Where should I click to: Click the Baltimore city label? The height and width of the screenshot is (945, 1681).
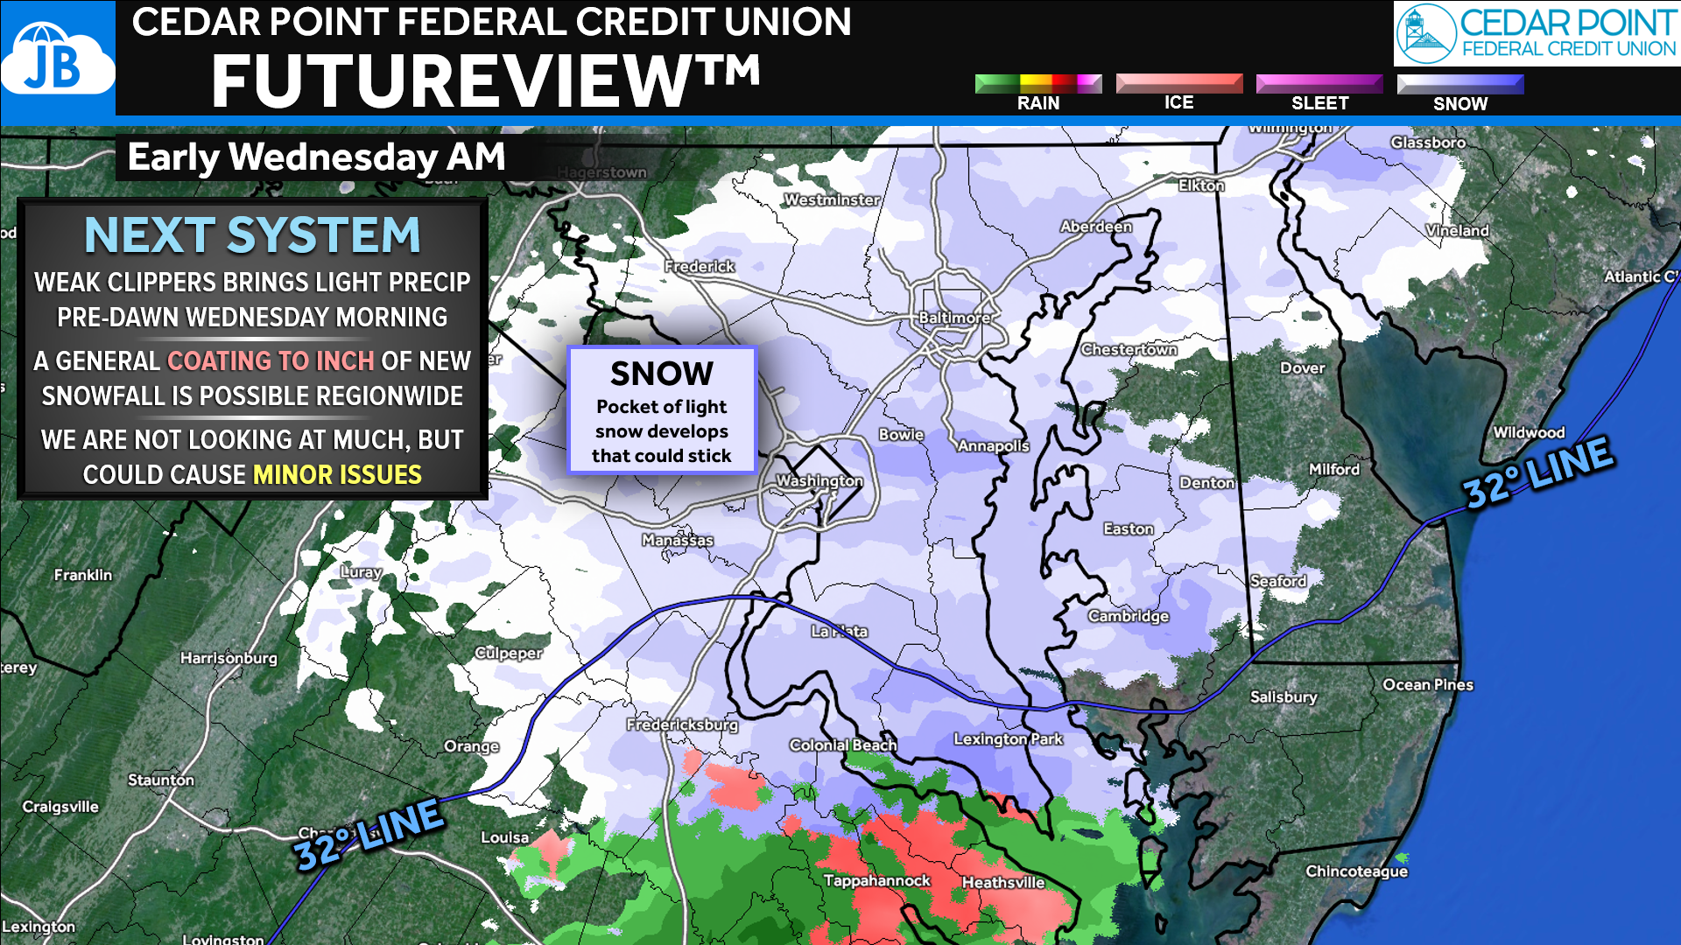click(x=954, y=318)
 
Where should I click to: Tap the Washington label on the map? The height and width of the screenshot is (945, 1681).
click(x=819, y=480)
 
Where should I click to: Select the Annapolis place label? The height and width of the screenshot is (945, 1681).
click(x=993, y=445)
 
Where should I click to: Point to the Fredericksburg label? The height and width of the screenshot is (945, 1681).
click(x=682, y=724)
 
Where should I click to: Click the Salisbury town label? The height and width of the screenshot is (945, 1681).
click(x=1283, y=696)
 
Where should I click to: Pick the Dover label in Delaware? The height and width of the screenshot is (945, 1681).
click(x=1302, y=367)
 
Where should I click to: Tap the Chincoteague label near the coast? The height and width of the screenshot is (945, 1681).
click(x=1356, y=871)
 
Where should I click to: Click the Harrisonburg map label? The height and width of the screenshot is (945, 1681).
click(x=229, y=657)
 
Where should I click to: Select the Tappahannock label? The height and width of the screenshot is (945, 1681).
click(x=876, y=880)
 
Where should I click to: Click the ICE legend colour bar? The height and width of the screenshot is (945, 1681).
click(x=1178, y=83)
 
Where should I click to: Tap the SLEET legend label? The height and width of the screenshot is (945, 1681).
click(x=1319, y=103)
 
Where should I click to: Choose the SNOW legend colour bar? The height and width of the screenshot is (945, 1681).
click(x=1459, y=84)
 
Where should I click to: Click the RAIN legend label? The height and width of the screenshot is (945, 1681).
click(x=1037, y=103)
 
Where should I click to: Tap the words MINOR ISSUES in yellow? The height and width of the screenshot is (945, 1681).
click(x=337, y=474)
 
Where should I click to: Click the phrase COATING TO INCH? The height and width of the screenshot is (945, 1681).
click(x=271, y=360)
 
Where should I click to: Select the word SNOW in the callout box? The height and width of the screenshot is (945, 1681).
click(x=662, y=374)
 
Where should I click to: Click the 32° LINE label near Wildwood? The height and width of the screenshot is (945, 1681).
click(x=1538, y=472)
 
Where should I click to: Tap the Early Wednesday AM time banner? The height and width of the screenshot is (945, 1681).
click(x=316, y=157)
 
